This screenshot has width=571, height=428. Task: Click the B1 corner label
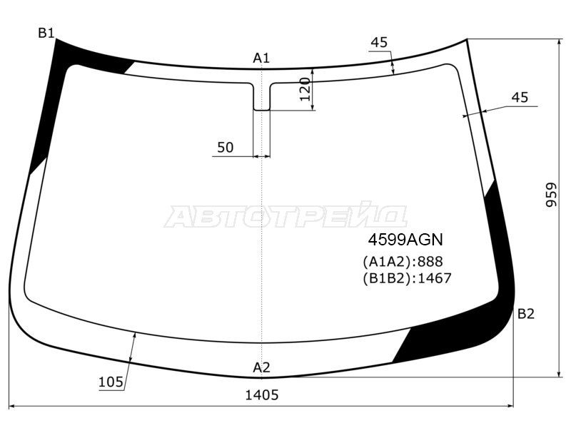[46, 33]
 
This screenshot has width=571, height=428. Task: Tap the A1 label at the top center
[261, 58]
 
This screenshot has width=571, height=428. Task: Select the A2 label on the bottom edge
[261, 368]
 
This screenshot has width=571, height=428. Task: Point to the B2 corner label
[525, 314]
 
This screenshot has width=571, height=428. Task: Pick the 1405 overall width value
[262, 394]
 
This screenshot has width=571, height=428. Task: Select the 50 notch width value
[225, 148]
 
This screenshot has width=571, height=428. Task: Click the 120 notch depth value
[305, 89]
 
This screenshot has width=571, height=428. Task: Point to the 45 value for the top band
[379, 43]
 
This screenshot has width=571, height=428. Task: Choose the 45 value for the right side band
[520, 98]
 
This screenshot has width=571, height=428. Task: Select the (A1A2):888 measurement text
[403, 261]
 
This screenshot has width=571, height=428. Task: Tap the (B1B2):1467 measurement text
[407, 278]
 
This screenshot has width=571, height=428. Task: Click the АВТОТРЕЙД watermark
[285, 217]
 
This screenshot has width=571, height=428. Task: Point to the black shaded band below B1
[50, 107]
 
